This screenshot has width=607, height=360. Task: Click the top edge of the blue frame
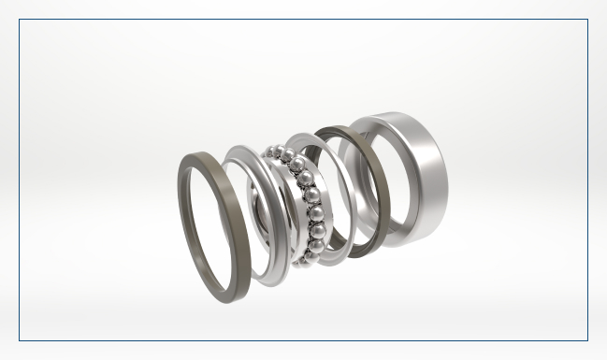coord(303,20)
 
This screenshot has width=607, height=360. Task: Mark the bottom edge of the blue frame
coord(303,340)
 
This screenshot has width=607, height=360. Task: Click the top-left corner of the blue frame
coord(20,20)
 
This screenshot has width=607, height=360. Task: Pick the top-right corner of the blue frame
coord(587,20)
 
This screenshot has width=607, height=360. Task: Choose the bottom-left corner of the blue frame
coord(20,340)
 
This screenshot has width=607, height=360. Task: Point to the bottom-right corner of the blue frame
coord(587,340)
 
